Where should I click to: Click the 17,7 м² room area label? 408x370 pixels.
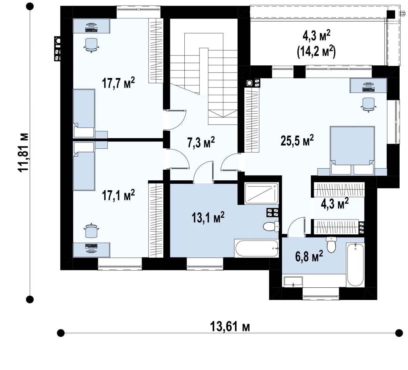pyautogui.click(x=118, y=83)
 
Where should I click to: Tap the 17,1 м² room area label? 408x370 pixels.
pyautogui.click(x=118, y=195)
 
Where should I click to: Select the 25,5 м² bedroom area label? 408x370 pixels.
pyautogui.click(x=297, y=140)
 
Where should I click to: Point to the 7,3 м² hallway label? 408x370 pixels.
pyautogui.click(x=201, y=142)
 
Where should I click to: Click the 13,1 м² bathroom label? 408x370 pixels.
pyautogui.click(x=208, y=217)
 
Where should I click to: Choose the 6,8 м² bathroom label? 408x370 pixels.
pyautogui.click(x=309, y=256)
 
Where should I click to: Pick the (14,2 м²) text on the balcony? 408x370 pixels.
pyautogui.click(x=316, y=52)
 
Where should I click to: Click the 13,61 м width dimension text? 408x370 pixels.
pyautogui.click(x=230, y=327)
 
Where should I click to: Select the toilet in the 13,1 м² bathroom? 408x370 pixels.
pyautogui.click(x=271, y=226)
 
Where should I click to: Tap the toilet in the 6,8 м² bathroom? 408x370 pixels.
pyautogui.click(x=331, y=245)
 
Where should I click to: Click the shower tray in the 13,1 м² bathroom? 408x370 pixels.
pyautogui.click(x=262, y=193)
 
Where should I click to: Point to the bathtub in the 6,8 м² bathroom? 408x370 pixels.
pyautogui.click(x=355, y=265)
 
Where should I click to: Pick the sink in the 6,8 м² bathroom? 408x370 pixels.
pyautogui.click(x=293, y=282)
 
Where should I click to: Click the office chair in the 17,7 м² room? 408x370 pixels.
pyautogui.click(x=91, y=45)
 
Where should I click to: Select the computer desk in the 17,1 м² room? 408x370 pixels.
pyautogui.click(x=91, y=250)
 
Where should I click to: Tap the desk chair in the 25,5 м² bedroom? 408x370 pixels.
pyautogui.click(x=368, y=105)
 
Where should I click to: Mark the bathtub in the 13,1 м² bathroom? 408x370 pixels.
pyautogui.click(x=256, y=248)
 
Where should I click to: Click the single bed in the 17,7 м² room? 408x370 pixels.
pyautogui.click(x=84, y=113)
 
